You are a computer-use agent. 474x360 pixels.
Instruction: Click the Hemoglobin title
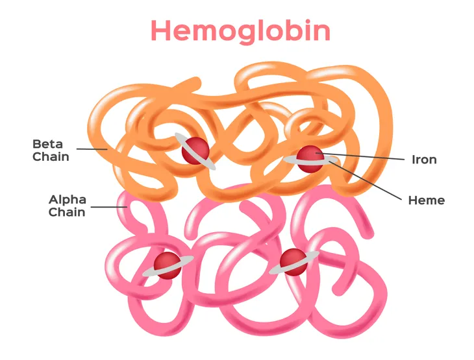(x=240, y=31)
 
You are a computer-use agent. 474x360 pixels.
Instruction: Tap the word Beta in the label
(x=47, y=144)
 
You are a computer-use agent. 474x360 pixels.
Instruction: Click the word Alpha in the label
(x=68, y=200)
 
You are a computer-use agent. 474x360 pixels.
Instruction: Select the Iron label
(x=424, y=160)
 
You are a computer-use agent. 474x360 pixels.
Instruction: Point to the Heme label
(x=426, y=200)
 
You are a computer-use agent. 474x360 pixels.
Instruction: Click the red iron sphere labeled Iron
(x=310, y=159)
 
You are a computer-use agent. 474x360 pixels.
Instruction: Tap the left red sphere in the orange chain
(x=195, y=150)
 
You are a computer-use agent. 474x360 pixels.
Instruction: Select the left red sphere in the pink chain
(x=167, y=266)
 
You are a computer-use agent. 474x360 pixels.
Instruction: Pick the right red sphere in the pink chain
(x=293, y=262)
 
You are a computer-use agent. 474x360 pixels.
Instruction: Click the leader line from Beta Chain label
(x=92, y=149)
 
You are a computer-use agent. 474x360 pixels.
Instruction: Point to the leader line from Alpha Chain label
(x=109, y=207)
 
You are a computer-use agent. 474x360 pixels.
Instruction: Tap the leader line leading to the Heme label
(x=366, y=180)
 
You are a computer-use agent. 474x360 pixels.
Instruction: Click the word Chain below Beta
(x=51, y=157)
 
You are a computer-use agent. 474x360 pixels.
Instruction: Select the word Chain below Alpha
(x=67, y=212)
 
